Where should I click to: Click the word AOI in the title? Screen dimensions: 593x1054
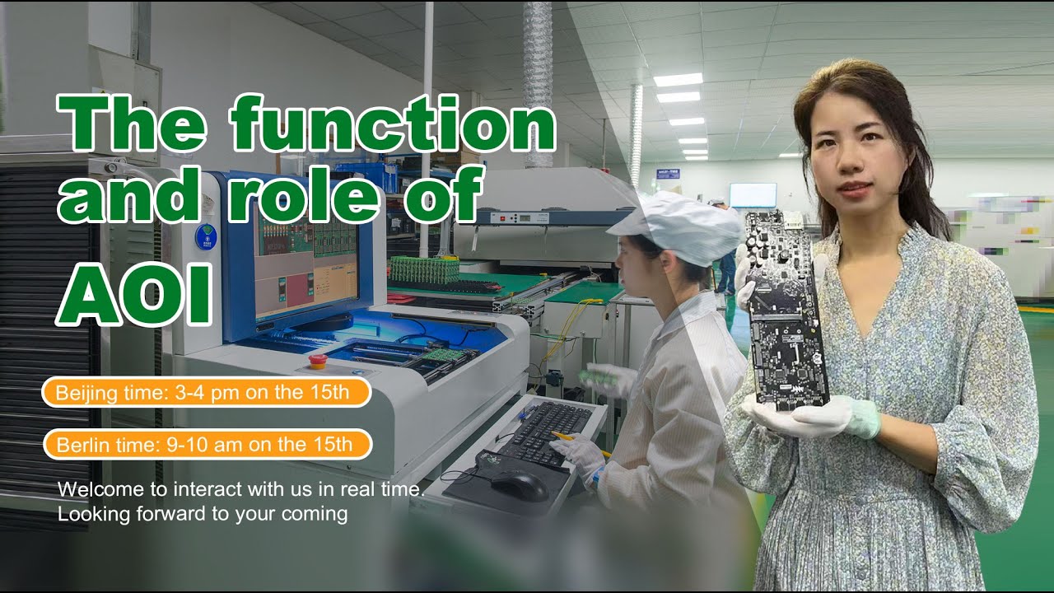(133, 294)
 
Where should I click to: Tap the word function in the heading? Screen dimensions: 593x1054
(393, 124)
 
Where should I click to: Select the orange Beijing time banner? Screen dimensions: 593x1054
(206, 392)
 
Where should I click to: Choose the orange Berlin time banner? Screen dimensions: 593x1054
(206, 445)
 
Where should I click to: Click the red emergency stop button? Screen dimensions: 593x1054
(316, 361)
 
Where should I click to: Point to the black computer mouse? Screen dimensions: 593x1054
(519, 486)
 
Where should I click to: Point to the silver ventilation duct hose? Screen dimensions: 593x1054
(539, 82)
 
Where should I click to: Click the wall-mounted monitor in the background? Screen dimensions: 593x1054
(752, 195)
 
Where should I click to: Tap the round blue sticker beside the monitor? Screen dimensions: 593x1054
(205, 237)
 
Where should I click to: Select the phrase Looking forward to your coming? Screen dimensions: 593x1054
(203, 515)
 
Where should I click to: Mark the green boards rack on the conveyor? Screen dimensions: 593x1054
(424, 269)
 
